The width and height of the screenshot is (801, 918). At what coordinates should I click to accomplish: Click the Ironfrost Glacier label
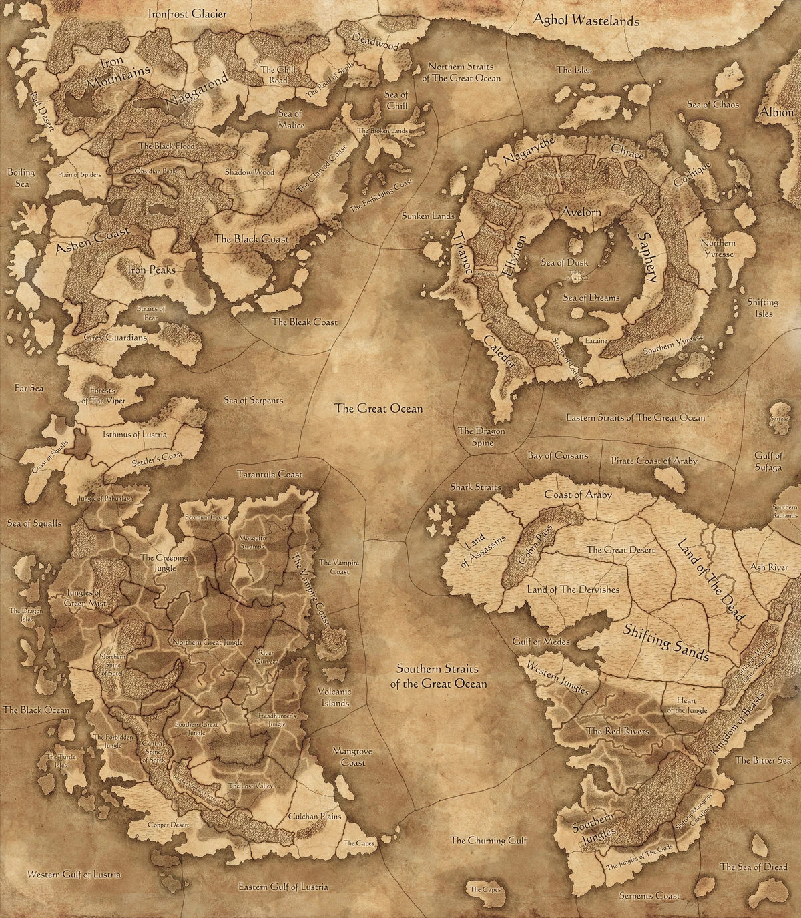(187, 13)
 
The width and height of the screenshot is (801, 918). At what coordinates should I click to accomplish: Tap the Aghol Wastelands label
(585, 21)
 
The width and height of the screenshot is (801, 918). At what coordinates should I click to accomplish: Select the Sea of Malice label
(290, 120)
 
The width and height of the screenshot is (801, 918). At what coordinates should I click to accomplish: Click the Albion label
(776, 112)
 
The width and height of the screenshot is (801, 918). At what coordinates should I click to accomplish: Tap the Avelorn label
(581, 212)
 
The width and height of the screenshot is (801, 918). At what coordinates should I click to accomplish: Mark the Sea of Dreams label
(591, 298)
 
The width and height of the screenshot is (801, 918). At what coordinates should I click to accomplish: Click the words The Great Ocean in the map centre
(378, 409)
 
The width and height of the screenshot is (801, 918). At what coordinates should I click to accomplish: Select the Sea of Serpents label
(253, 401)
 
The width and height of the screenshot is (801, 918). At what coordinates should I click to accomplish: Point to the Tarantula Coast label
(270, 475)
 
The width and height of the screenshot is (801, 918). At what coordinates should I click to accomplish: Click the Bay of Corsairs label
(558, 455)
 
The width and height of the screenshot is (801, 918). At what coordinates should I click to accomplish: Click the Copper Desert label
(168, 825)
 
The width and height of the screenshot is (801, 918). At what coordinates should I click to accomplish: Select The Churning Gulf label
(489, 841)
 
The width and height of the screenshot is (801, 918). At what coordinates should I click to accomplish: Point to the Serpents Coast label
(649, 895)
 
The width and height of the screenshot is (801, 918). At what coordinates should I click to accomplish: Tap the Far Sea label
(29, 387)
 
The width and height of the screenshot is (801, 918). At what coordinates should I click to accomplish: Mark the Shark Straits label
(476, 487)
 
